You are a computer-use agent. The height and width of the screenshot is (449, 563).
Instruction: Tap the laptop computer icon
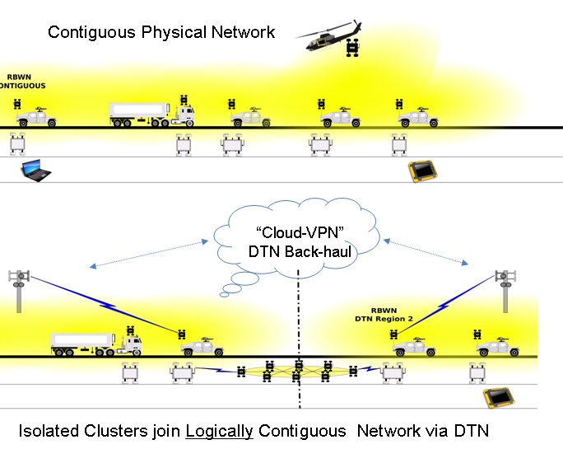click(35, 171)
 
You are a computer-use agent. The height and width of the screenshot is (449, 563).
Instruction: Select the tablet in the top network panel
click(421, 171)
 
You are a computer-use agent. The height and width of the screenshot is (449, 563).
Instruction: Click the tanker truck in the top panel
click(151, 114)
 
